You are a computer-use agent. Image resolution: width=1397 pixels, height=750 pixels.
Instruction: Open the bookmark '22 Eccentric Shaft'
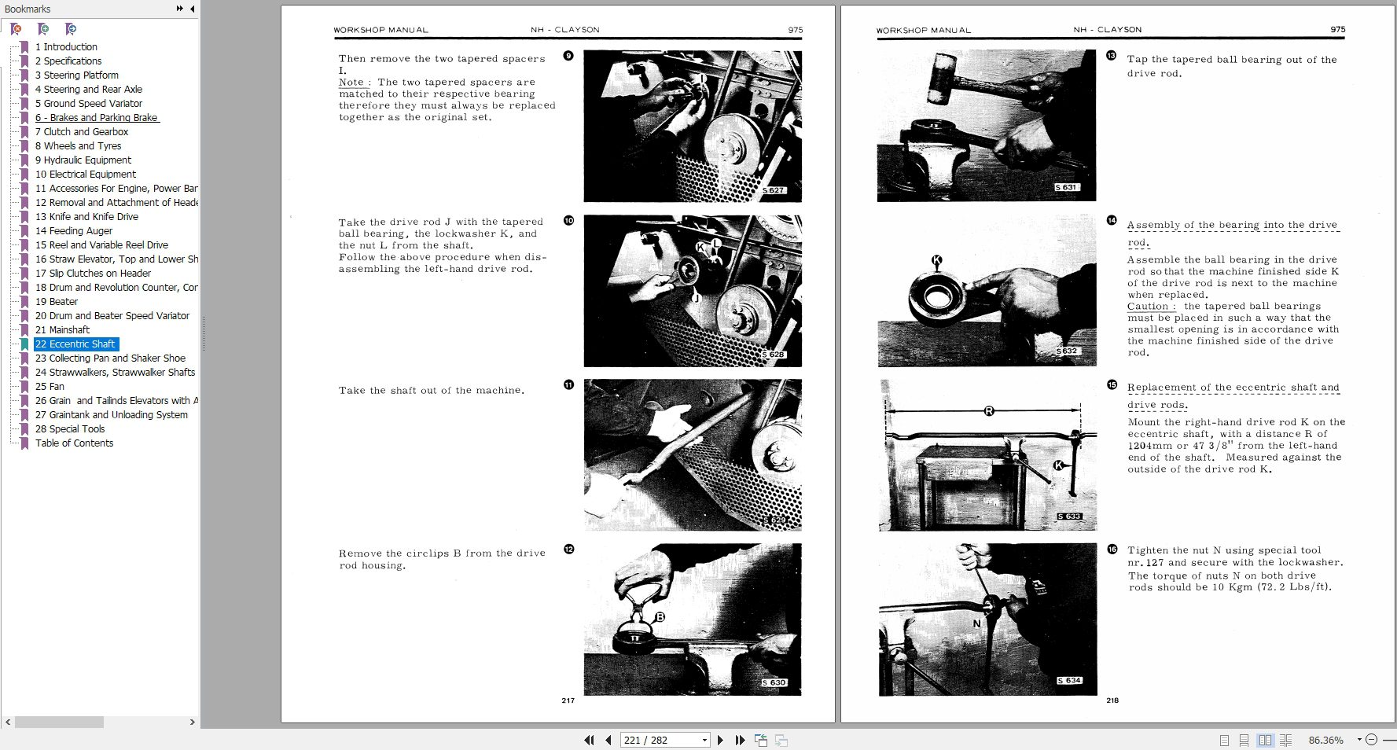75,344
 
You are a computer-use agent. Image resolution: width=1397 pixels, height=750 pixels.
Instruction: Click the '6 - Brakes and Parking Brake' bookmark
97,117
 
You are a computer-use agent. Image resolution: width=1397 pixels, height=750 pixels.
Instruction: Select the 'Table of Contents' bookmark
74,443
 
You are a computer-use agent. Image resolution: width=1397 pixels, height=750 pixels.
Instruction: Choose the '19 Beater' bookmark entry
57,301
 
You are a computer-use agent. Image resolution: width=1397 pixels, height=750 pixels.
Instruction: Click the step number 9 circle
568,56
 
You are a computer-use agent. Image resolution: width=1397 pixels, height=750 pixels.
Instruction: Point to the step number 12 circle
568,549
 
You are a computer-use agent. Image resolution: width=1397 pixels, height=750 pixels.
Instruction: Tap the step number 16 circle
1112,549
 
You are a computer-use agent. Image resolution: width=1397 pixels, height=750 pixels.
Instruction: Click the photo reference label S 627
774,190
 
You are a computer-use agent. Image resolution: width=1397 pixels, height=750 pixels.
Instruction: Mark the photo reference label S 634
1069,681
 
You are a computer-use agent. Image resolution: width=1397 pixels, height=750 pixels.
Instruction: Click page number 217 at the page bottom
568,700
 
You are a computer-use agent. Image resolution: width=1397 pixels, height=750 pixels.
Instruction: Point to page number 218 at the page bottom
1112,700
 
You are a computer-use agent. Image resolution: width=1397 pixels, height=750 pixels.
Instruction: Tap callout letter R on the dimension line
989,411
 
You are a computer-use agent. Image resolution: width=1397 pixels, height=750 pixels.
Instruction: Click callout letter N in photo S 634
977,623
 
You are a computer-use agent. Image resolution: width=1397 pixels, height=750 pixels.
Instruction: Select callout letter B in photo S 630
660,617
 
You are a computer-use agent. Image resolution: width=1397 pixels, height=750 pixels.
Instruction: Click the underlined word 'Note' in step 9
351,83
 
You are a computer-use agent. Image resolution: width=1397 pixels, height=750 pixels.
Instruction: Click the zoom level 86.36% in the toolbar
1325,740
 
